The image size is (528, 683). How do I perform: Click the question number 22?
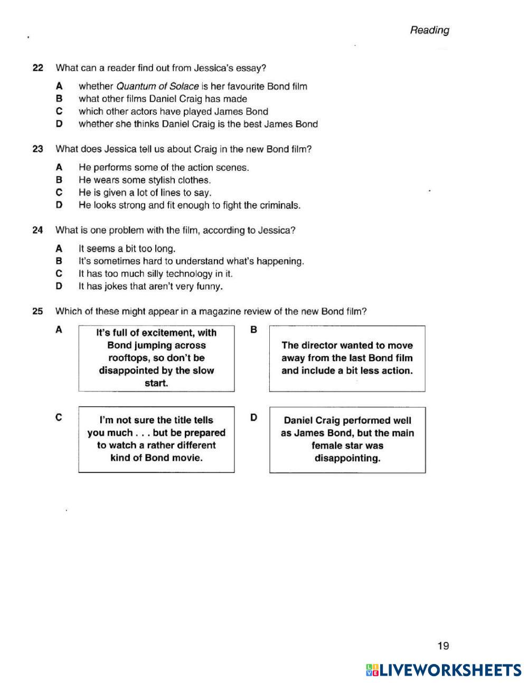click(x=37, y=68)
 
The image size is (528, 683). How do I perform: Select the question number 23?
click(x=37, y=149)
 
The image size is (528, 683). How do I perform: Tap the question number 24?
click(x=37, y=231)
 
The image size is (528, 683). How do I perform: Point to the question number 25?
click(x=37, y=311)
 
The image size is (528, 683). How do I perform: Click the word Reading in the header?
click(x=429, y=30)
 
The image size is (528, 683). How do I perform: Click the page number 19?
click(x=443, y=646)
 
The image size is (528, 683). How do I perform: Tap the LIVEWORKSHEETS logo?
click(x=444, y=670)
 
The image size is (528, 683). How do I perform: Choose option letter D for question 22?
click(x=59, y=125)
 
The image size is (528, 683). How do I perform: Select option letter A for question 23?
click(x=59, y=168)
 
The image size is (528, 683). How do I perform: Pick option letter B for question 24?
click(x=59, y=261)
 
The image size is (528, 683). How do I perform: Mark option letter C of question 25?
click(x=59, y=418)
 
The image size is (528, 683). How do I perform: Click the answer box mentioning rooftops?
click(x=156, y=358)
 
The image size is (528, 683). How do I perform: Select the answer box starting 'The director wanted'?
click(x=347, y=358)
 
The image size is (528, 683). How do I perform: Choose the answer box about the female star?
click(x=347, y=440)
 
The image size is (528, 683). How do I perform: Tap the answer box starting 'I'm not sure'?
click(x=156, y=439)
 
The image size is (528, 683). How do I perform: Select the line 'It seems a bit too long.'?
click(x=127, y=249)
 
